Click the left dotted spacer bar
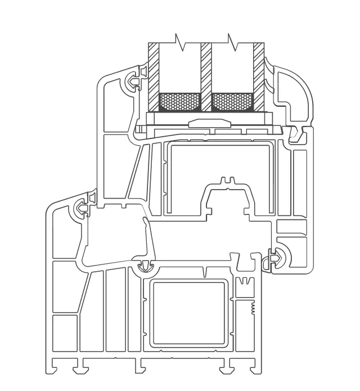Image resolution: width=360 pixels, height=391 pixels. click(x=179, y=102)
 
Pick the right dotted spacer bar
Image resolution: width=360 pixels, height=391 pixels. click(x=232, y=102)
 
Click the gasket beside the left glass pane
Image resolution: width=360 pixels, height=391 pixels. click(x=134, y=82)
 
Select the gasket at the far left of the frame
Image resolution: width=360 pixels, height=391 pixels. click(x=81, y=209)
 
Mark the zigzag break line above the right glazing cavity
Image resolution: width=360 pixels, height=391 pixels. click(x=230, y=40)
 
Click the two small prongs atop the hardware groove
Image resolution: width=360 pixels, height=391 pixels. click(x=227, y=181)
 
